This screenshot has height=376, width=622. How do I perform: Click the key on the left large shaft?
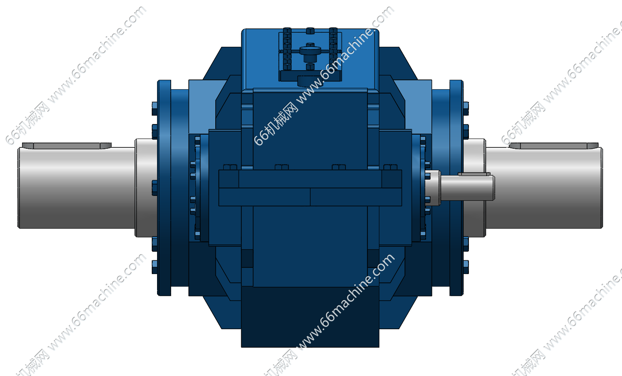coord(67,146)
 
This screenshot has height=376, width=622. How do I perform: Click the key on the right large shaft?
coord(554,146)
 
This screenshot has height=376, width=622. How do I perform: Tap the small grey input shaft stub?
coord(467,188)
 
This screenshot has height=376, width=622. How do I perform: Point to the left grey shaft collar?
coord(146,188)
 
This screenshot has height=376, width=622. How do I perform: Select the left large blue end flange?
coord(164,188)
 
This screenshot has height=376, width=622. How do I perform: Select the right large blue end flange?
coord(456,188)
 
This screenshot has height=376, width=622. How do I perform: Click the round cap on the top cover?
coord(310,51)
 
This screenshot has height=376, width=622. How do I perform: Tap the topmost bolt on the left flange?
coord(155,108)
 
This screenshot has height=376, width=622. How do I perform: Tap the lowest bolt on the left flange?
coord(155,267)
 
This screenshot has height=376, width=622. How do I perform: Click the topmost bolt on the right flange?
coord(466,108)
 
